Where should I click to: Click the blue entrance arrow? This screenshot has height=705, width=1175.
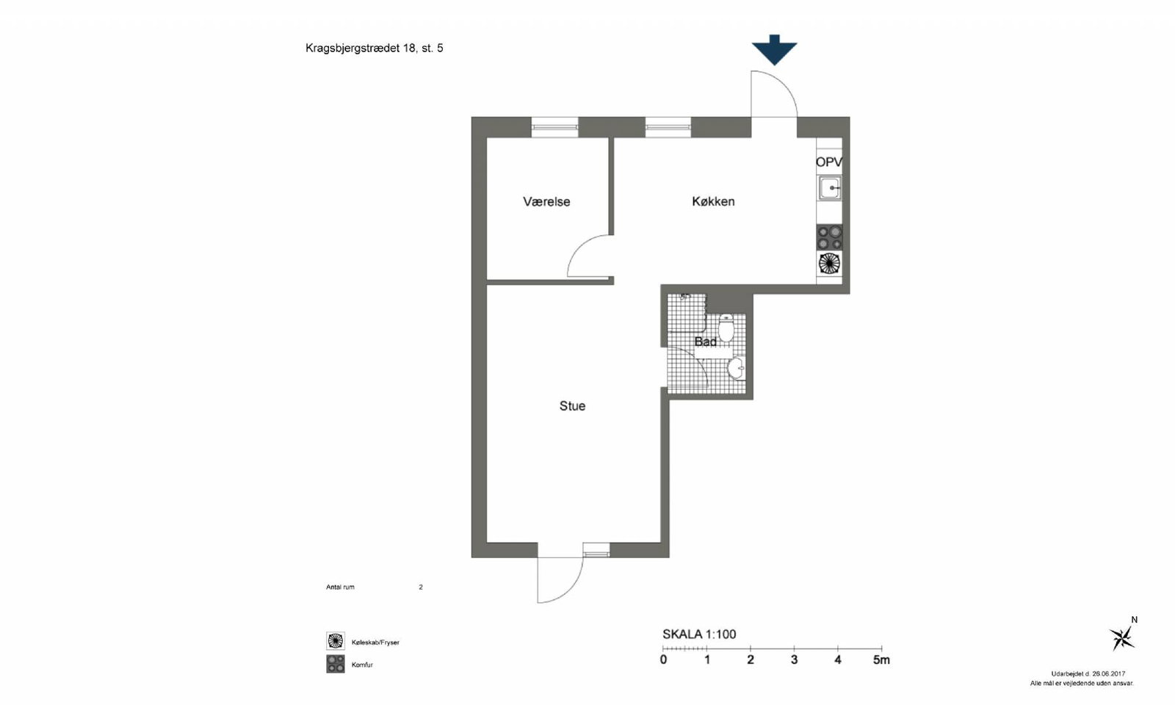[774, 50]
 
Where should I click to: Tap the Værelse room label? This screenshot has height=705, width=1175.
[546, 202]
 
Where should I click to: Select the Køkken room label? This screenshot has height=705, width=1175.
[713, 201]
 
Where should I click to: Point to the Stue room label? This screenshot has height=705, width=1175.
[572, 406]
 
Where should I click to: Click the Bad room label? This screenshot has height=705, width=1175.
[706, 342]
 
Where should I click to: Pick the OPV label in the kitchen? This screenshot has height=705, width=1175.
[829, 162]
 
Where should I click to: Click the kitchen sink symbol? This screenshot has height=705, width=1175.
[830, 188]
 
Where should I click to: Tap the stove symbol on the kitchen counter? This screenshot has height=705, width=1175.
[829, 238]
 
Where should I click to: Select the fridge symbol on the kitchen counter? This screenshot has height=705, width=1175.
[829, 264]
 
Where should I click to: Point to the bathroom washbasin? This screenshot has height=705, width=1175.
[736, 368]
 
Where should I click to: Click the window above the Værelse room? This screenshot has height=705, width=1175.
[555, 127]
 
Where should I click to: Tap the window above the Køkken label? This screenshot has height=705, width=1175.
[668, 127]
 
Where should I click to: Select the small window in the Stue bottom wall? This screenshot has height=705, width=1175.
[596, 550]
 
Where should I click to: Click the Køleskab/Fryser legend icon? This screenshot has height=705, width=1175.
[335, 641]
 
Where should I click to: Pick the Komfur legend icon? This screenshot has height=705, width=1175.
[335, 664]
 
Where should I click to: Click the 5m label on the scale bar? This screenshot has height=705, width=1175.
[881, 660]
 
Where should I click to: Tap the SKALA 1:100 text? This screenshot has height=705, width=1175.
[699, 634]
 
